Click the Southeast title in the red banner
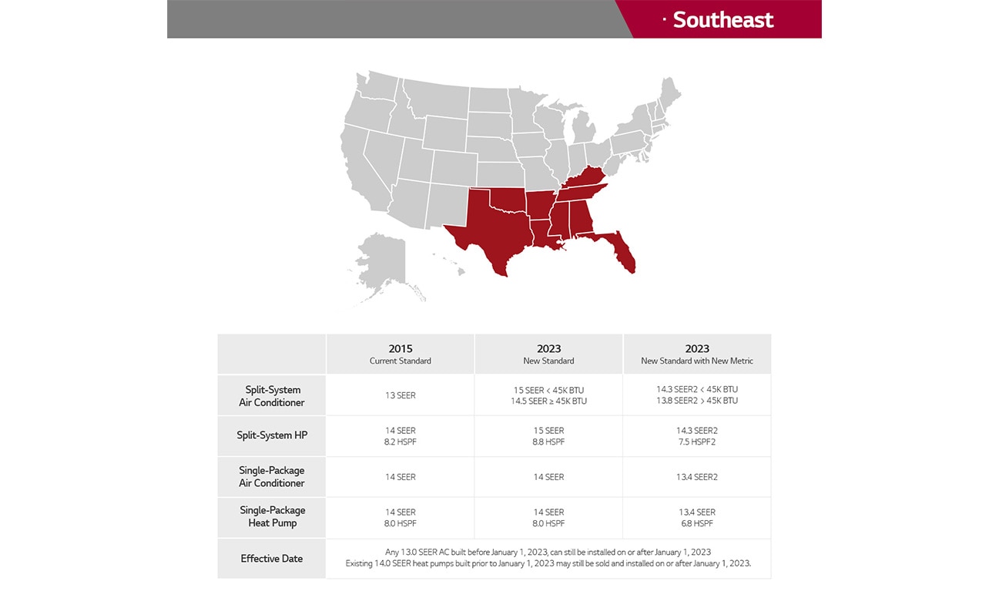(x=722, y=20)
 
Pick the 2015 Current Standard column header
(x=401, y=354)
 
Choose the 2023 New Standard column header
(x=548, y=354)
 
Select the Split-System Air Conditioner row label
(x=272, y=396)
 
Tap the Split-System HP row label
(x=272, y=435)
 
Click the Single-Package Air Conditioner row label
(x=272, y=477)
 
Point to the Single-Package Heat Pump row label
(x=272, y=516)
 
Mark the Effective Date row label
(x=272, y=559)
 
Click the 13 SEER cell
(x=401, y=396)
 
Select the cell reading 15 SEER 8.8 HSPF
(x=548, y=436)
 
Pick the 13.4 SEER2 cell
(x=697, y=477)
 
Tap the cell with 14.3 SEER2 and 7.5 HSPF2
(x=697, y=436)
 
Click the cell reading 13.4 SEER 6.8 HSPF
(x=697, y=517)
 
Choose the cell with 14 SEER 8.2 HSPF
(x=401, y=436)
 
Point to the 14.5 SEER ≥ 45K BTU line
(x=548, y=401)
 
